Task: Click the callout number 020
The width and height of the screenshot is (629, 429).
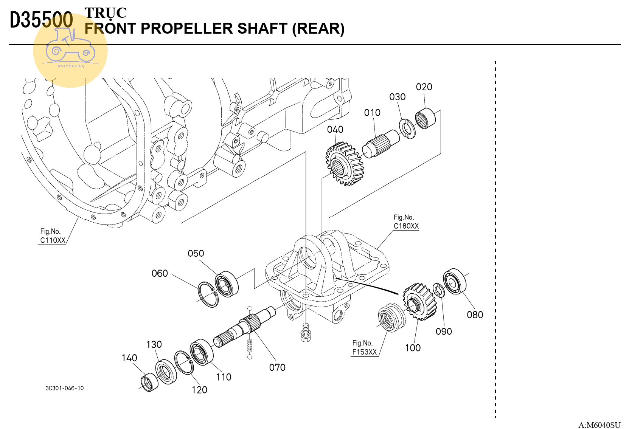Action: [424, 87]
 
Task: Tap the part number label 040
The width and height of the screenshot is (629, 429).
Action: [335, 130]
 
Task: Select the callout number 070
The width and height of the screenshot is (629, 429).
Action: [277, 367]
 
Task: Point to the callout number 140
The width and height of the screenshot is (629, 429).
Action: [129, 358]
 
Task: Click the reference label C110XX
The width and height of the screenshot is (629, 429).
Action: [53, 240]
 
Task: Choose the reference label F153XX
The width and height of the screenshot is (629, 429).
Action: [364, 352]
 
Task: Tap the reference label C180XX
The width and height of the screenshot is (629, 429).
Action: [406, 226]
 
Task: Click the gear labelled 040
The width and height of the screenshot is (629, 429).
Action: [344, 164]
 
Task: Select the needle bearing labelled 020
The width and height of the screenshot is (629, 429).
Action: [425, 118]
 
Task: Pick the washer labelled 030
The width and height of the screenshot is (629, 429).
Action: [407, 129]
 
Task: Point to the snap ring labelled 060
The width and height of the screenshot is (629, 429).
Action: [208, 294]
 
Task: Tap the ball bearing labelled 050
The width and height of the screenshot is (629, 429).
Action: [226, 284]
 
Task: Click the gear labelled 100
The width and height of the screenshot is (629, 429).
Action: [419, 301]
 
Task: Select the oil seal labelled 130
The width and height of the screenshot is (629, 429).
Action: [166, 371]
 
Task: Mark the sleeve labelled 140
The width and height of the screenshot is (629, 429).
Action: [149, 382]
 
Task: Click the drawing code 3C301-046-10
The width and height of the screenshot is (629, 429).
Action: [64, 388]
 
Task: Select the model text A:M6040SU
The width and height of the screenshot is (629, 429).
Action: [599, 425]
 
